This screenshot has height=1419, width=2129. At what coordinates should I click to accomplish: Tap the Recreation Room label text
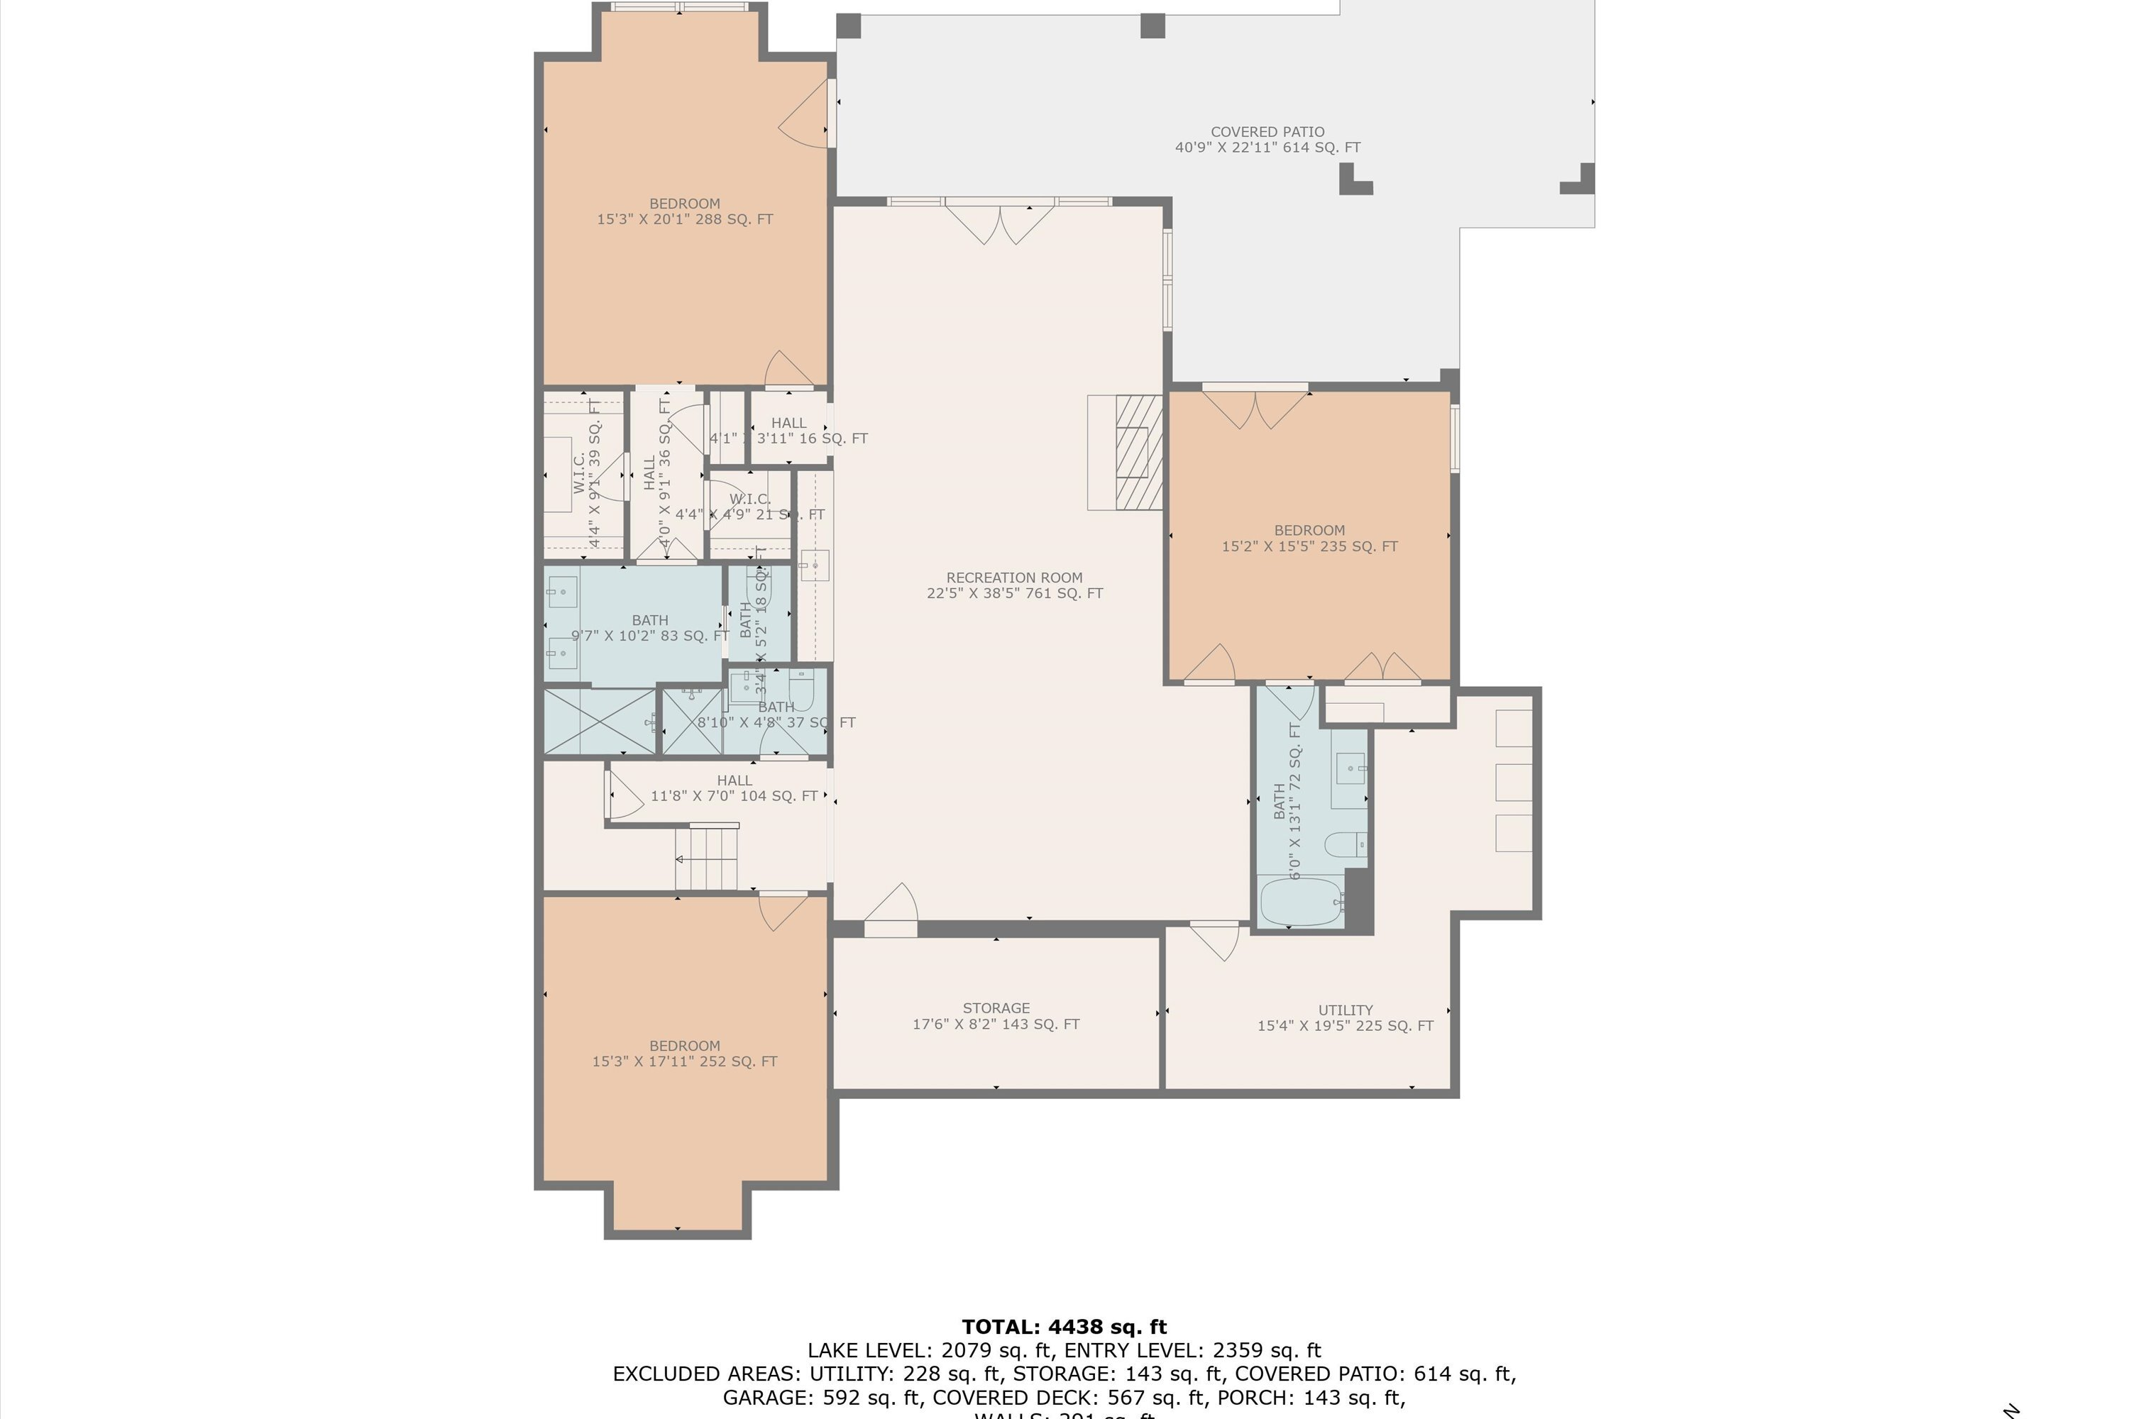[1014, 585]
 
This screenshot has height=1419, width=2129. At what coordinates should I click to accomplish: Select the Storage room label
[996, 1015]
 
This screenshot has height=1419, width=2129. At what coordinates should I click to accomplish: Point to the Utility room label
[1344, 1017]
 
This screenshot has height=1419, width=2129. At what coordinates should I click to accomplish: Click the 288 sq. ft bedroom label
[684, 211]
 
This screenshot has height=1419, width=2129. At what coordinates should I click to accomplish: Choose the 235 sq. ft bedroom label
[1309, 538]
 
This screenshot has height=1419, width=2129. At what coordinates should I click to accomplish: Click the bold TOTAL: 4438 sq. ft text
[1064, 1327]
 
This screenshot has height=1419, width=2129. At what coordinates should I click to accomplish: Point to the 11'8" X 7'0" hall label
[734, 788]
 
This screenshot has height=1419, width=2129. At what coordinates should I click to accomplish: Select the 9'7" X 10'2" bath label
[650, 627]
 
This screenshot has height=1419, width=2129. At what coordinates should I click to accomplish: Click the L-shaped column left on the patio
[1354, 180]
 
